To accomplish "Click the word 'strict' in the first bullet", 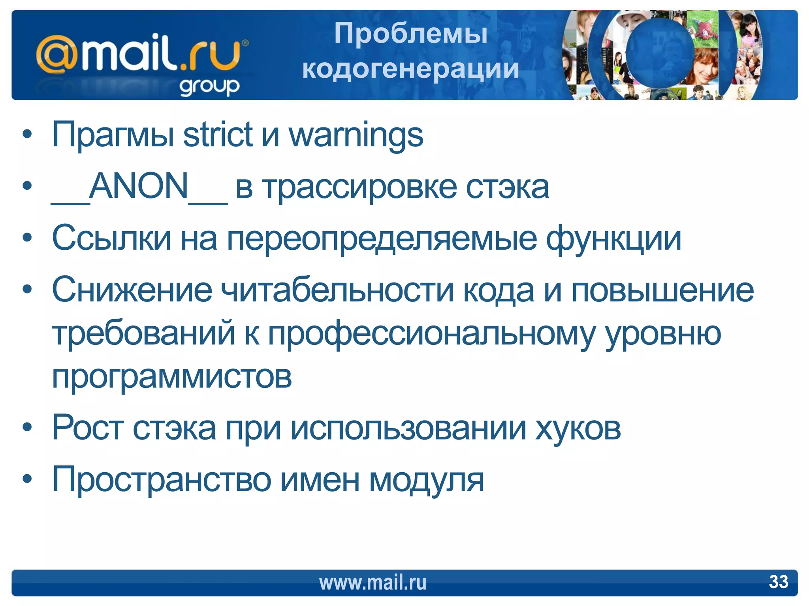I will coord(217,135).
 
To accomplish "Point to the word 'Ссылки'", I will coord(111,238).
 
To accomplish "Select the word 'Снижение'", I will coord(132,290).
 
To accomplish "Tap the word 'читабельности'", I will coord(337,290).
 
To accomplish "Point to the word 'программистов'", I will coord(172,377).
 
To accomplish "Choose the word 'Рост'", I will coord(88,428).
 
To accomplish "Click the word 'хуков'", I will coord(578,428).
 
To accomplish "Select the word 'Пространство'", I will coord(162,480).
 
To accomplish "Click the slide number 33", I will coord(778,582).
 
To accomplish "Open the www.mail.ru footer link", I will coord(373,582).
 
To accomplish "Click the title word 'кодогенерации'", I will coord(410,69).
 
